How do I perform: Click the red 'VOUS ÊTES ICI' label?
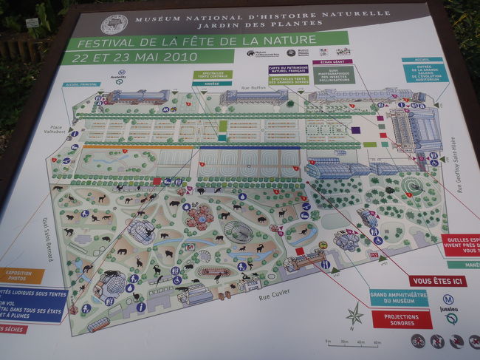437,281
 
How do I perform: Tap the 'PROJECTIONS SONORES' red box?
402,319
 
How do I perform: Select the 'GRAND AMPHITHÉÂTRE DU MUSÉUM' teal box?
399,297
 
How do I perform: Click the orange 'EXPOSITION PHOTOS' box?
19,276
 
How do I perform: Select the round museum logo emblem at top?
114,24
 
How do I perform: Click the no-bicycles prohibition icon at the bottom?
418,341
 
